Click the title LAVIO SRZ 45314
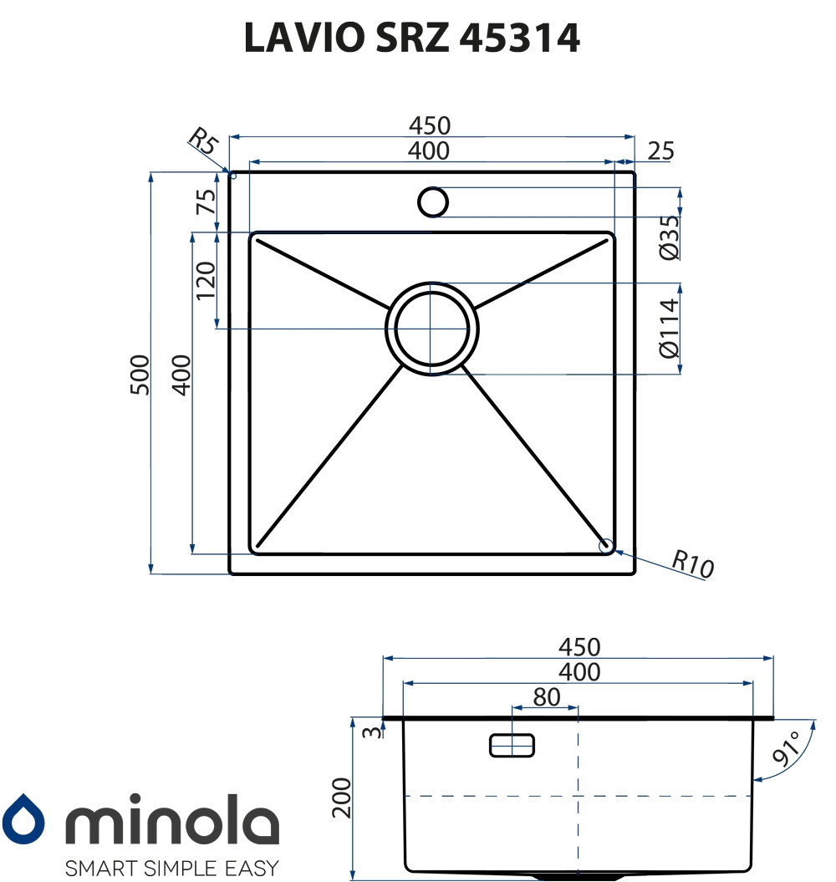411,38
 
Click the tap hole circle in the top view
433,202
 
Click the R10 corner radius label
693,564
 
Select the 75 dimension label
206,202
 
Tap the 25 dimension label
660,151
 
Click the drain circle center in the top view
431,328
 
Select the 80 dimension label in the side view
546,696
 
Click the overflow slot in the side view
512,745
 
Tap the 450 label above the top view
430,125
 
